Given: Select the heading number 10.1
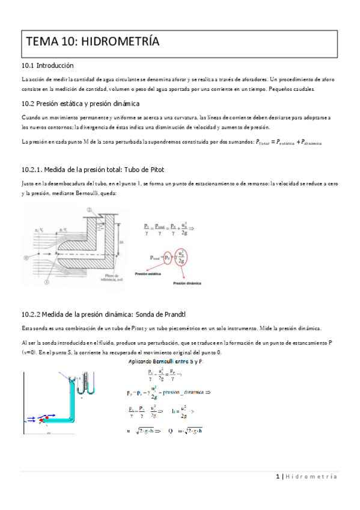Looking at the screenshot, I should pos(28,64).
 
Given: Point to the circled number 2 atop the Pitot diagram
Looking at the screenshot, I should pos(89,210).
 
